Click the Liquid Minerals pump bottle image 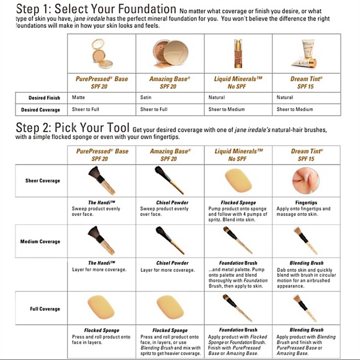236,55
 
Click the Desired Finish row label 44,97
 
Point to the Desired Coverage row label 43,109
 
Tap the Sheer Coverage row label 42,181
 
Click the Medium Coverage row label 41,241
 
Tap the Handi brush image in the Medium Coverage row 102,241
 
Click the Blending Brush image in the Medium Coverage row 305,241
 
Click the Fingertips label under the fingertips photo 305,202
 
